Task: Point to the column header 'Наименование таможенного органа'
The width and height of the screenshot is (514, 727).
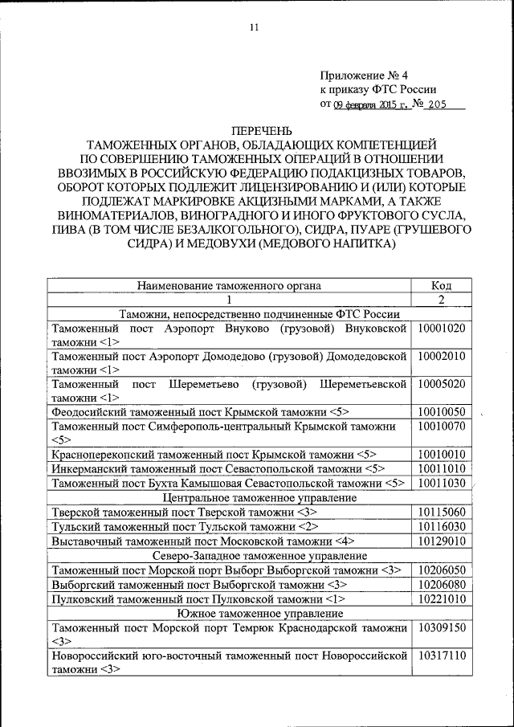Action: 229,284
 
